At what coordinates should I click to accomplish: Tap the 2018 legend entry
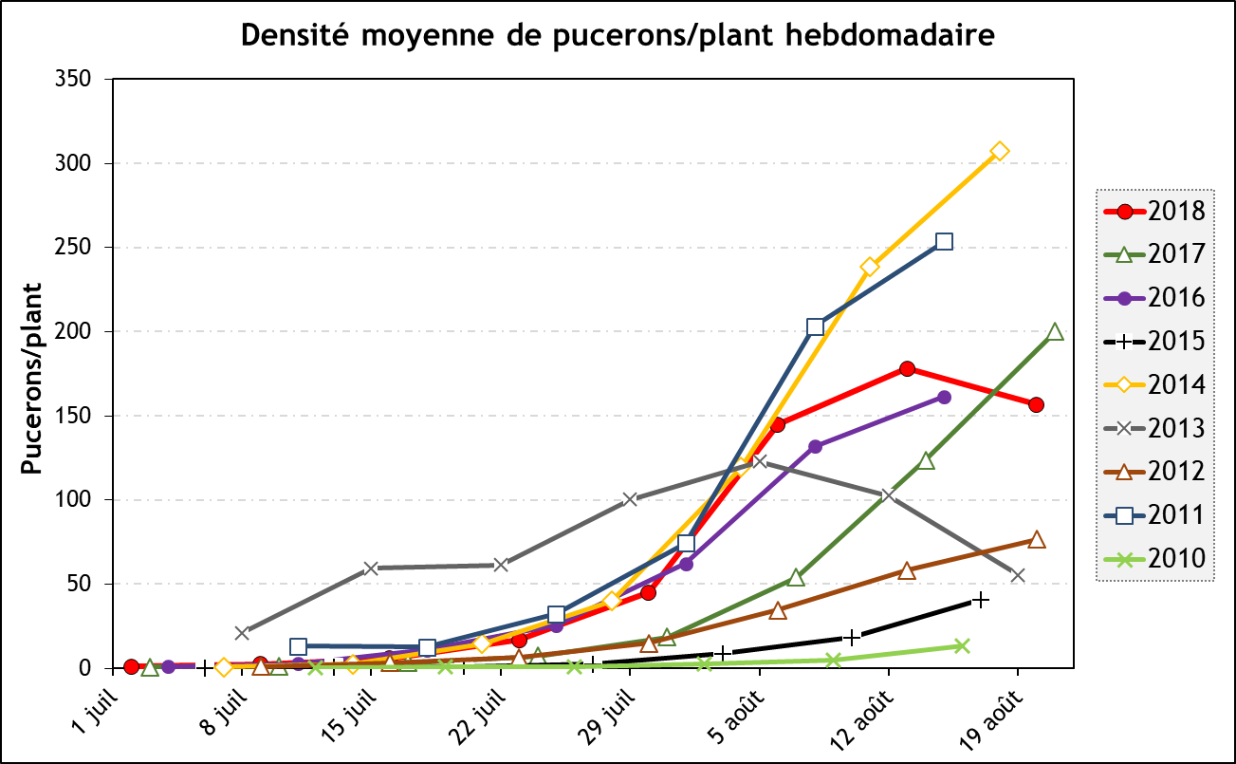(x=1153, y=211)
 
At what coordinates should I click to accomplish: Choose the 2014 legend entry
(x=1153, y=384)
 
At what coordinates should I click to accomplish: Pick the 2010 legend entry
(x=1153, y=559)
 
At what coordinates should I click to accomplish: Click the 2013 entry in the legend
(x=1153, y=428)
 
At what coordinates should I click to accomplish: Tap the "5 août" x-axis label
(x=734, y=712)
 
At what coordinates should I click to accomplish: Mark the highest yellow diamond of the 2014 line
(x=1000, y=152)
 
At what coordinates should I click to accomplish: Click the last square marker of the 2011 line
(x=944, y=242)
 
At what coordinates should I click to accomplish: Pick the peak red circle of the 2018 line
(x=907, y=368)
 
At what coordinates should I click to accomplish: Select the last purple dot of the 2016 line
(x=944, y=397)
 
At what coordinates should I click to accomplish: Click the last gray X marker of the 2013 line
(x=1018, y=575)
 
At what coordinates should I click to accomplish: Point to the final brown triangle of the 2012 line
(x=1037, y=540)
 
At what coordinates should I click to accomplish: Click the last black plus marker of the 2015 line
(x=981, y=600)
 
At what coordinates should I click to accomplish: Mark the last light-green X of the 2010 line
(x=962, y=645)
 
